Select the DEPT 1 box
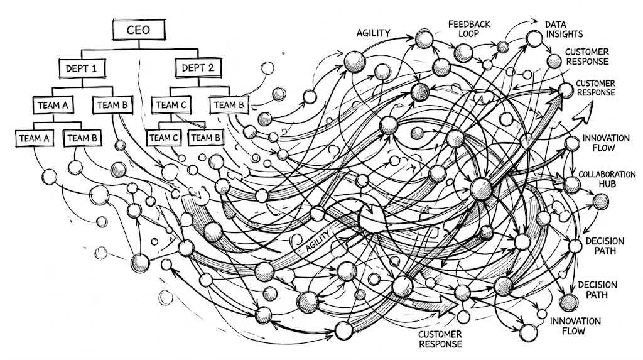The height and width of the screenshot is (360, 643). [x=82, y=68]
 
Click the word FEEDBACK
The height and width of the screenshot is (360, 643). [x=469, y=24]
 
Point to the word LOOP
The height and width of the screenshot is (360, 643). [x=469, y=35]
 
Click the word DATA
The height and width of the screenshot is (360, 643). [x=555, y=23]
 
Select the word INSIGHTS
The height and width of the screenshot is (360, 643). [x=563, y=34]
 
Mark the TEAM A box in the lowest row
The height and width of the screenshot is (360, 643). [x=35, y=136]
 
